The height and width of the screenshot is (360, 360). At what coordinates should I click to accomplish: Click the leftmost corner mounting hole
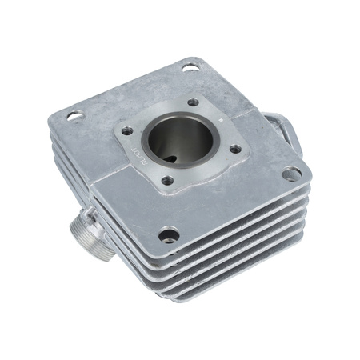tap(74, 117)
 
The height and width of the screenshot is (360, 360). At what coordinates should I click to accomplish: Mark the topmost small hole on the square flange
tap(194, 102)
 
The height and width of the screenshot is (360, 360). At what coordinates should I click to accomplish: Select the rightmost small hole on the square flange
tap(234, 148)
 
